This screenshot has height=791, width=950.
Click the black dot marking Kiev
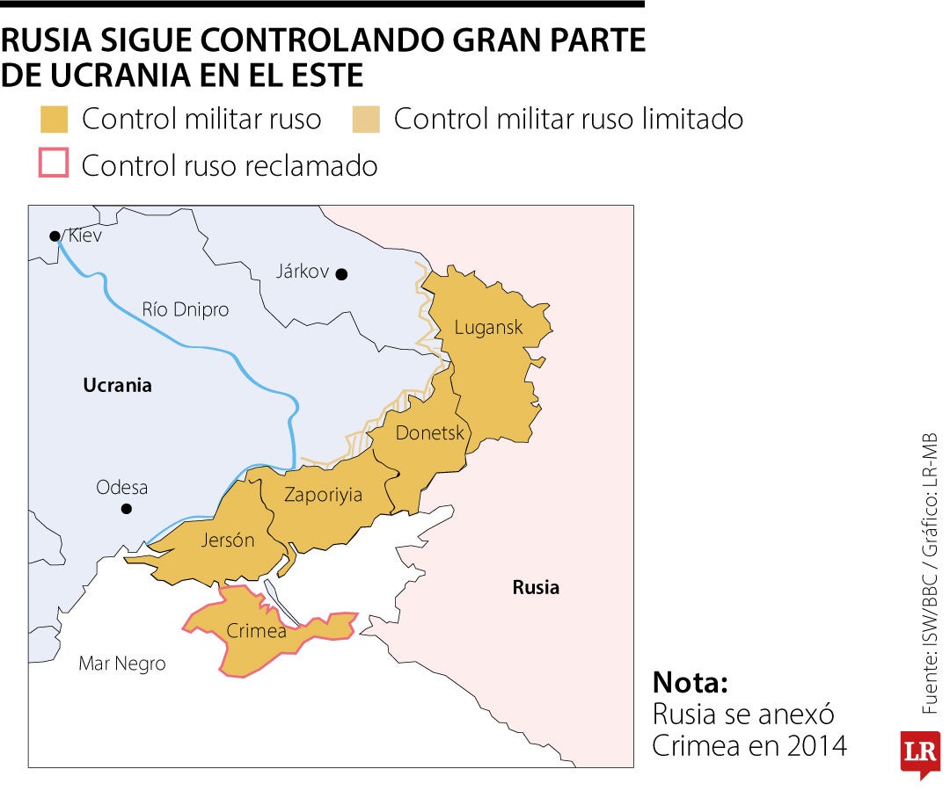point(55,236)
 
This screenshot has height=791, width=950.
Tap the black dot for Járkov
point(341,274)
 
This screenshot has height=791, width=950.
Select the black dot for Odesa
point(126,509)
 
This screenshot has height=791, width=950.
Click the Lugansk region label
point(488,328)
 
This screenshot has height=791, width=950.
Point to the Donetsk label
point(429,432)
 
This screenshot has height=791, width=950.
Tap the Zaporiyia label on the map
point(323,495)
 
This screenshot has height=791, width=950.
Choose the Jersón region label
point(228,540)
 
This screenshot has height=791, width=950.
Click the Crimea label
point(256,631)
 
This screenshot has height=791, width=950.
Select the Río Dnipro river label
point(185,309)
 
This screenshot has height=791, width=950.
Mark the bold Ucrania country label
point(117,385)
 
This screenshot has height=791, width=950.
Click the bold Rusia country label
point(536,587)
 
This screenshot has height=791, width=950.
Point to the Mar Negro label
point(122,664)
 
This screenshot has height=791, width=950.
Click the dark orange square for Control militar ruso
point(55,120)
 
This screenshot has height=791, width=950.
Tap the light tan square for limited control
point(365,120)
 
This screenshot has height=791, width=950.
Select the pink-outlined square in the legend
point(55,164)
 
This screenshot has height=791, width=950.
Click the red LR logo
point(919,752)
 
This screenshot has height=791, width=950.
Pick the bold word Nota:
point(691,683)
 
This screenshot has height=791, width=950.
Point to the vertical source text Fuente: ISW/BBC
point(930,641)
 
